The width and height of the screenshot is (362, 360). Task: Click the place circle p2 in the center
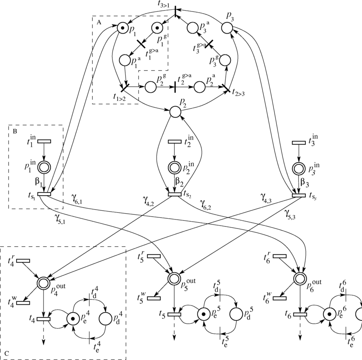click(175, 112)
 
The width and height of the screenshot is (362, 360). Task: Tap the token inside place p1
click(123, 29)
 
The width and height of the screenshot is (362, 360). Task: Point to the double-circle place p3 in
click(299, 168)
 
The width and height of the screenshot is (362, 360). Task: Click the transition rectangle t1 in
click(44, 141)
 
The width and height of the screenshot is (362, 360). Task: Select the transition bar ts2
click(175, 194)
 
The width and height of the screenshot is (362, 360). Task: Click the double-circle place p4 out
click(44, 282)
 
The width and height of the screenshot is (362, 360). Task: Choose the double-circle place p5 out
click(174, 279)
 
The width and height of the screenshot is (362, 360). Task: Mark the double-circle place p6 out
click(300, 279)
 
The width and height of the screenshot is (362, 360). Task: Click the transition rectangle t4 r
click(23, 260)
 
